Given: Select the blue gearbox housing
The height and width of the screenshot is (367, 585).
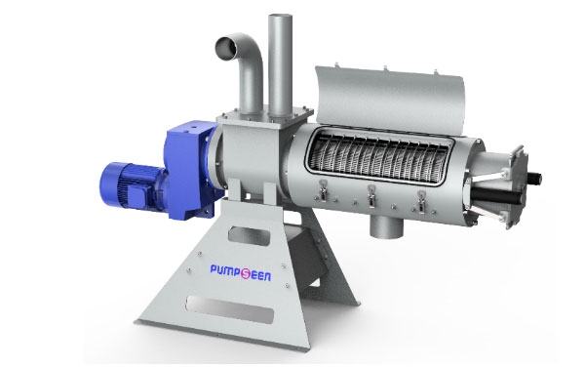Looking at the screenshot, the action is [191, 170].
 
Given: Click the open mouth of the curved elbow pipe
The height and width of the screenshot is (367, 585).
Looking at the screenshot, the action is [227, 48].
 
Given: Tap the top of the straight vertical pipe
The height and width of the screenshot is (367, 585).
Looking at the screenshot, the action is [280, 18].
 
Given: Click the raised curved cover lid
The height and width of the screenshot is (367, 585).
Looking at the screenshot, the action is [389, 98].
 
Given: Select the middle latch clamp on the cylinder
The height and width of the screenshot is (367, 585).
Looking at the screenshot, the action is [371, 195].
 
